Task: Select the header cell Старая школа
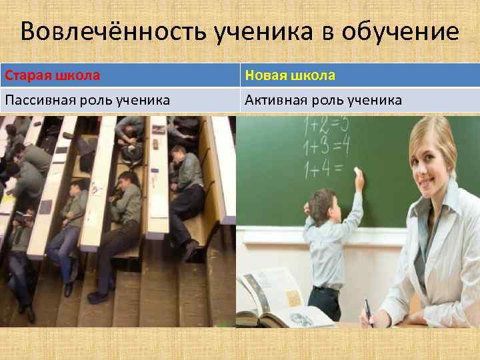click(x=53, y=75)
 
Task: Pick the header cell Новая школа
click(x=290, y=75)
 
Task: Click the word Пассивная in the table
click(x=39, y=101)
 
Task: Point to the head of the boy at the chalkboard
click(x=324, y=201)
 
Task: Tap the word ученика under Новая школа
click(x=375, y=101)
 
